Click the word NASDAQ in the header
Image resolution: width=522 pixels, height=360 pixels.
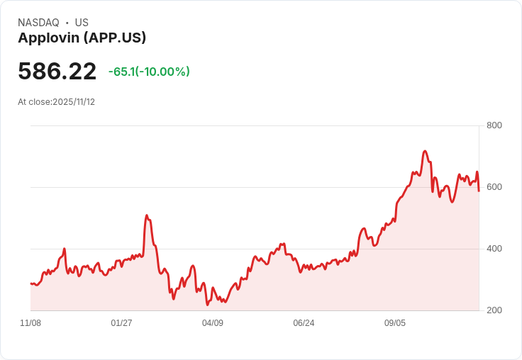pyautogui.click(x=38, y=23)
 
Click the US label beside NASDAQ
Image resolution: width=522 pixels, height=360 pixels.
pyautogui.click(x=82, y=23)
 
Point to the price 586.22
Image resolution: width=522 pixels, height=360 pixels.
pyautogui.click(x=57, y=72)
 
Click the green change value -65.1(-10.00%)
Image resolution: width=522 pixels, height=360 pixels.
pyautogui.click(x=149, y=72)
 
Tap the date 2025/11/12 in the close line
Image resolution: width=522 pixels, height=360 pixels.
pyautogui.click(x=74, y=102)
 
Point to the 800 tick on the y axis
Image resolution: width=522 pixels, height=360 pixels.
pyautogui.click(x=494, y=125)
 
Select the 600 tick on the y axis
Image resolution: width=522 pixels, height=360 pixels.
pyautogui.click(x=494, y=187)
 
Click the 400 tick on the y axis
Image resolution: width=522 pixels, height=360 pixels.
pyautogui.click(x=494, y=249)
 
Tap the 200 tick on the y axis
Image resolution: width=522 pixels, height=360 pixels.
pyautogui.click(x=494, y=310)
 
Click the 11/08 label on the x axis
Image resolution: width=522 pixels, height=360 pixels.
pyautogui.click(x=30, y=323)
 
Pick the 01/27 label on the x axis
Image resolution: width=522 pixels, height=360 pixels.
pyautogui.click(x=121, y=323)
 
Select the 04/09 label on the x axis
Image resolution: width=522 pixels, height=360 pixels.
pyautogui.click(x=213, y=323)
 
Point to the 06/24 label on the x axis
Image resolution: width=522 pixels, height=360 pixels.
pyautogui.click(x=304, y=323)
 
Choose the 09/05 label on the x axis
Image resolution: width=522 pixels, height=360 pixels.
pyautogui.click(x=395, y=323)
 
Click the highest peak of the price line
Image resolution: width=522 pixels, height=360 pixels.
pyautogui.click(x=425, y=151)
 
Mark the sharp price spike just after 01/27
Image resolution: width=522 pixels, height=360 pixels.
pyautogui.click(x=147, y=215)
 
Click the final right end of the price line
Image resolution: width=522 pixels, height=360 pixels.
pyautogui.click(x=479, y=191)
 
